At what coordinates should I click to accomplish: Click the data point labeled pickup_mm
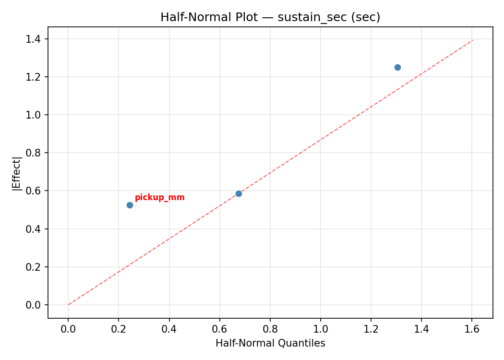click(130, 205)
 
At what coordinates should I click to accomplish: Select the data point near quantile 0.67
click(239, 193)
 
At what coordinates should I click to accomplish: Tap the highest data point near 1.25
click(397, 67)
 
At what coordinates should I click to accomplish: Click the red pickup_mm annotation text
click(159, 198)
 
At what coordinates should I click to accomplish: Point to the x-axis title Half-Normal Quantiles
click(270, 343)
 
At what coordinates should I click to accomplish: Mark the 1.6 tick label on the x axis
click(472, 329)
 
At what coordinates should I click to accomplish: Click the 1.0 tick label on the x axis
click(321, 329)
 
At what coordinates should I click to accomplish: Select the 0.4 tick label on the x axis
click(169, 329)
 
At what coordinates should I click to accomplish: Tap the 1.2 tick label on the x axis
click(371, 329)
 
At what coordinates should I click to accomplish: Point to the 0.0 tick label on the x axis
click(68, 329)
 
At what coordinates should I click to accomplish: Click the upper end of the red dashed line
click(473, 40)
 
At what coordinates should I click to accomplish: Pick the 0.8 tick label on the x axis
click(270, 329)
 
